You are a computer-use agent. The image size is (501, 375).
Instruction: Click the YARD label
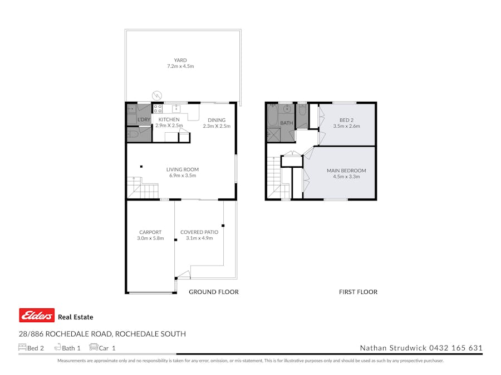(x=180, y=60)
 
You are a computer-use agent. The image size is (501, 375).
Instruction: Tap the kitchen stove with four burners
(x=158, y=109)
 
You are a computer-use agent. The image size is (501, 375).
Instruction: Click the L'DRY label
(x=144, y=119)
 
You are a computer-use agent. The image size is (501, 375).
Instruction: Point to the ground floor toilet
(x=134, y=134)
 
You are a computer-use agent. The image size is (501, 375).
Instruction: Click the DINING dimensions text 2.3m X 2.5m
(x=217, y=126)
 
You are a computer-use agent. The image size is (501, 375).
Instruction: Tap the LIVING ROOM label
(x=182, y=169)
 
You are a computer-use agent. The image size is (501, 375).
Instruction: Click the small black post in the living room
(x=141, y=166)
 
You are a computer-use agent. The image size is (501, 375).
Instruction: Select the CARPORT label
(x=150, y=232)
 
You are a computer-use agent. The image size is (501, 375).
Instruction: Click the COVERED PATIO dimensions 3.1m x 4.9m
(x=199, y=238)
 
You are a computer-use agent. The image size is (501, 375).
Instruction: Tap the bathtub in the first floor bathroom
(x=272, y=116)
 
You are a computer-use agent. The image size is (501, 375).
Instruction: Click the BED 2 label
(x=347, y=120)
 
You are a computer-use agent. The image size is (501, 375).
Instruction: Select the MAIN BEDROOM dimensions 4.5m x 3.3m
(x=346, y=177)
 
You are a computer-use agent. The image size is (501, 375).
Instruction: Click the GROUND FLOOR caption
(x=214, y=292)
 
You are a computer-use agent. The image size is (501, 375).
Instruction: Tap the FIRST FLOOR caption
(x=358, y=292)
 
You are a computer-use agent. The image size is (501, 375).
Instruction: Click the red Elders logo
(x=37, y=316)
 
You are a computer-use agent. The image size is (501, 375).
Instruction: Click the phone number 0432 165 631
(x=456, y=348)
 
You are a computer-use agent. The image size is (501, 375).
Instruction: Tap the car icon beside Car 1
(x=93, y=347)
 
